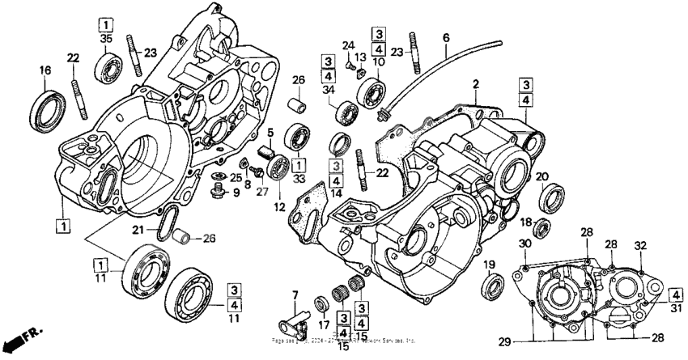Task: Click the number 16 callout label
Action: (45, 71)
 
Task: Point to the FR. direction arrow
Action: (22, 334)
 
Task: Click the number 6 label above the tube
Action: (445, 37)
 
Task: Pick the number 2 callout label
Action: (477, 84)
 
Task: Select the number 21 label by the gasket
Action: (140, 231)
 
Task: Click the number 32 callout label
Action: (640, 244)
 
